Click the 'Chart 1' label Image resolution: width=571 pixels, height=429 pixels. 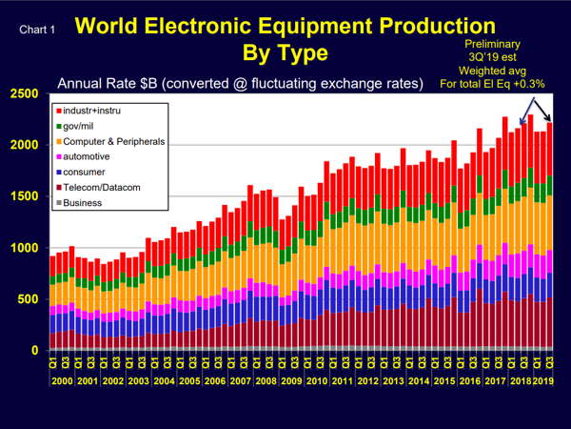tap(37, 30)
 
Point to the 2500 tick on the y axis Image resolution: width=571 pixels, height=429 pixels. tap(25, 93)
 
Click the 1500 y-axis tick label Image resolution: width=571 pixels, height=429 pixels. tap(25, 196)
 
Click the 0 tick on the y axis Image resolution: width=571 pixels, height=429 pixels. tap(36, 351)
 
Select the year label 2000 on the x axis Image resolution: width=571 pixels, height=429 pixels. tap(62, 380)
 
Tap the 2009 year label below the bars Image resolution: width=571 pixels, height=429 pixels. tap(290, 380)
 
